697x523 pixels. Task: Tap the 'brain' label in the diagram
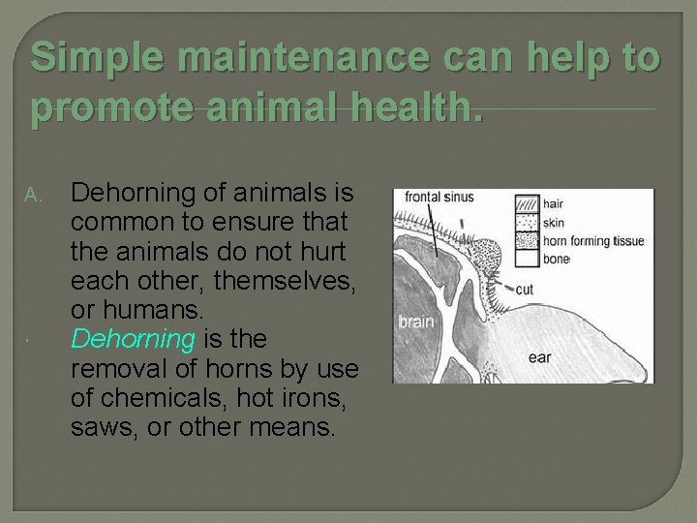415,321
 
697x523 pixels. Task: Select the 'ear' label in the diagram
539,357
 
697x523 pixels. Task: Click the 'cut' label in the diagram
524,289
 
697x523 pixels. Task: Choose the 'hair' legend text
554,203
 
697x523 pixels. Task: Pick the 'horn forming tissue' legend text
592,240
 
